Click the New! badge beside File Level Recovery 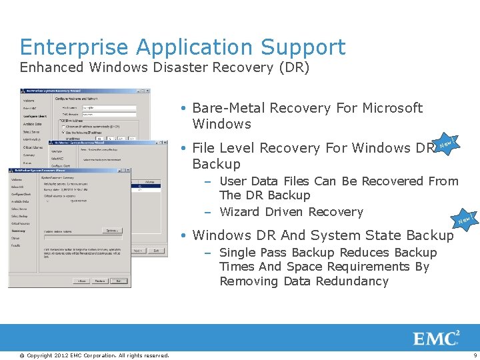448,143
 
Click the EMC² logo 437,338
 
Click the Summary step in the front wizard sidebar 18,231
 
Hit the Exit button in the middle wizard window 157,251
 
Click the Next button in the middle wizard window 138,251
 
